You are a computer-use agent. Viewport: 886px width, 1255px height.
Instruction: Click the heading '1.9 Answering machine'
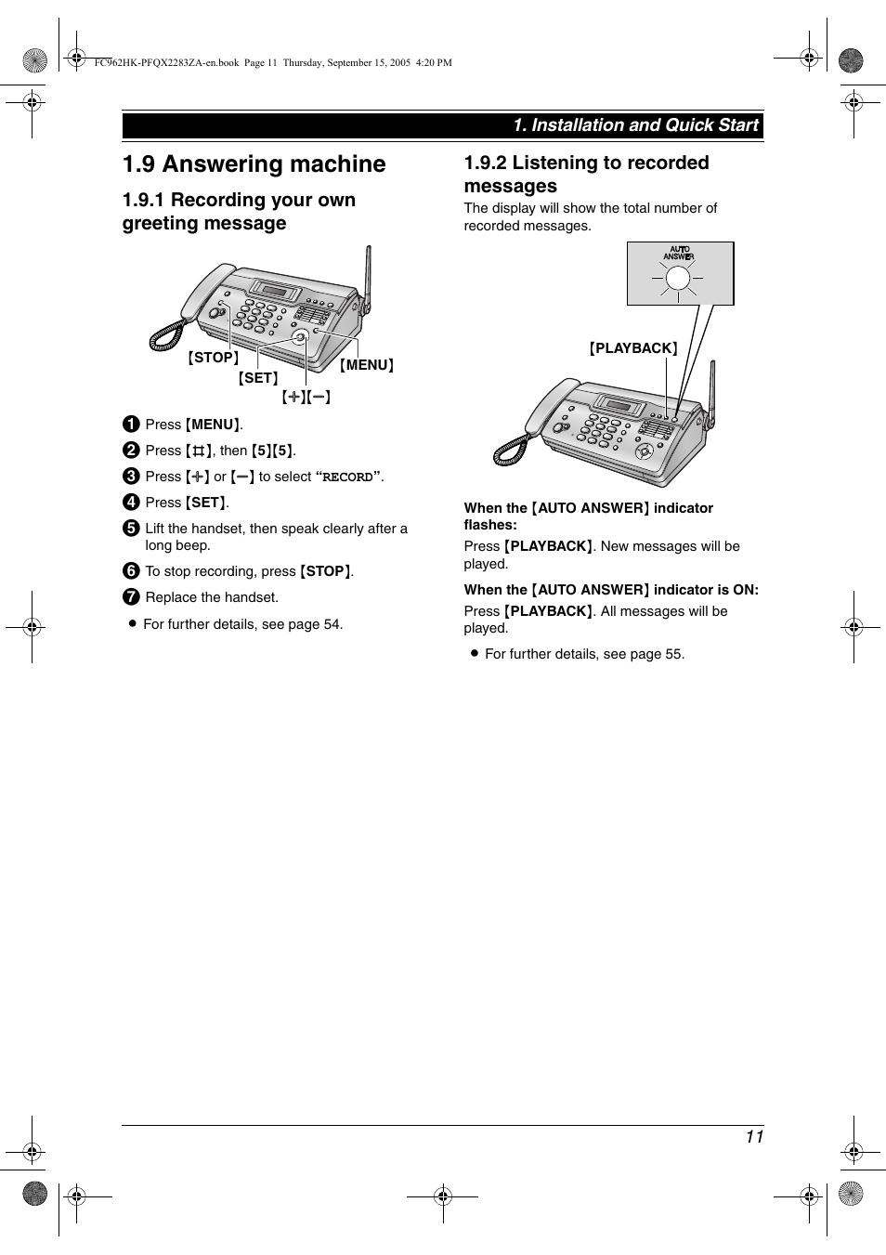[x=254, y=164]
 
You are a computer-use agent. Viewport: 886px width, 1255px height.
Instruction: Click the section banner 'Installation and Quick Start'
[x=636, y=125]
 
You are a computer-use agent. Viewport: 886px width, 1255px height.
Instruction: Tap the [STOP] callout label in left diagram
[x=214, y=358]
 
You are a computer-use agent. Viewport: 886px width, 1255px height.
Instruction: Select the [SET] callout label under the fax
[x=258, y=378]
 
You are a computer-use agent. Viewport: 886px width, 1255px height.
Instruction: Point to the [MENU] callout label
[x=367, y=365]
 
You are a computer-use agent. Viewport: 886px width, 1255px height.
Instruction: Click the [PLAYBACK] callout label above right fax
[x=633, y=348]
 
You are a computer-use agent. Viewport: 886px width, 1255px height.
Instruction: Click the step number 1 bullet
[x=131, y=425]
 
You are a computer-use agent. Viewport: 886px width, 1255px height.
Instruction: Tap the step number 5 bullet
[x=131, y=529]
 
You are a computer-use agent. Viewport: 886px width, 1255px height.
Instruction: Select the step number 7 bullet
[x=131, y=597]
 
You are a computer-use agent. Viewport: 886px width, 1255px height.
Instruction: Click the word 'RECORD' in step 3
[x=347, y=477]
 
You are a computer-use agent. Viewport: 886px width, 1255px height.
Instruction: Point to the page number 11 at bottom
[x=753, y=1137]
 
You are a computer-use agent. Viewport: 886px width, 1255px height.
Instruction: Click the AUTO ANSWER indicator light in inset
[x=679, y=278]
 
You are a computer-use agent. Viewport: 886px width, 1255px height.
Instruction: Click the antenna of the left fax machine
[x=368, y=279]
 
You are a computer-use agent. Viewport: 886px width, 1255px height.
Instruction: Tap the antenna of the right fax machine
[x=712, y=395]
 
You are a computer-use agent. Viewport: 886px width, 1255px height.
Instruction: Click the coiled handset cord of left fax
[x=166, y=335]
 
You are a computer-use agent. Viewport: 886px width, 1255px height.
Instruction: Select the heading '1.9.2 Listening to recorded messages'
[x=586, y=174]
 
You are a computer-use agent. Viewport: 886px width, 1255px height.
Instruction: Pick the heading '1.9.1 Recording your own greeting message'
[x=239, y=212]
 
